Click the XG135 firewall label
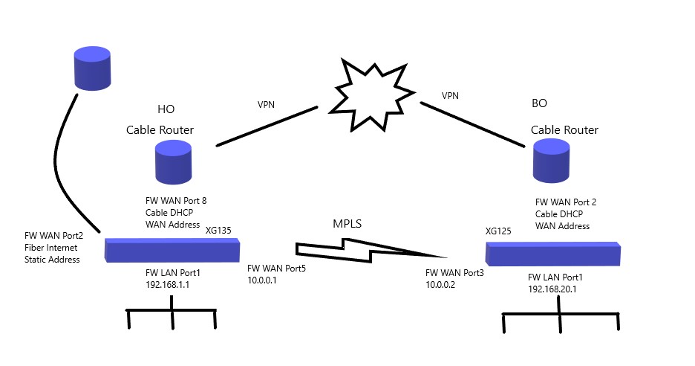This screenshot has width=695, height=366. pos(218,231)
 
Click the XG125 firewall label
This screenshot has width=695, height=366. pos(498,231)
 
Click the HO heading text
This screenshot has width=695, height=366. pos(166,109)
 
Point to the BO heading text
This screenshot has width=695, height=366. pos(540,103)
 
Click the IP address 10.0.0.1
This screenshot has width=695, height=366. pos(262,280)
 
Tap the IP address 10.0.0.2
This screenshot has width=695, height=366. pos(440,284)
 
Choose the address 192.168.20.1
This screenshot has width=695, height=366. pos(552,289)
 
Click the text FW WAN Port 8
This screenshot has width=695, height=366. pos(175,200)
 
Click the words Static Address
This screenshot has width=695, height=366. pos(52,260)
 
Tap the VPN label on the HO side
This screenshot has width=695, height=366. pos(265,105)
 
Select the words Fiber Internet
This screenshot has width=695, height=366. pos(51,248)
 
